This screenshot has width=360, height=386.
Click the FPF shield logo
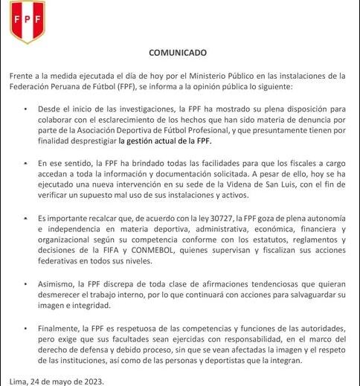coord(28,22)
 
